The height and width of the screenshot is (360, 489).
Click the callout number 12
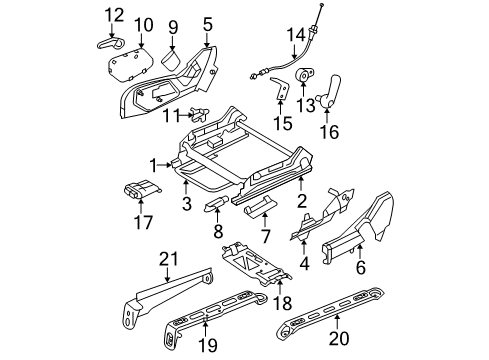coord(114,14)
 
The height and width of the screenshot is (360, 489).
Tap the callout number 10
coord(144,24)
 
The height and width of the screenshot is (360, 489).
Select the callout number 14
coord(295,36)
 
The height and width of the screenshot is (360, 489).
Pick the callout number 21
coord(165,261)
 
